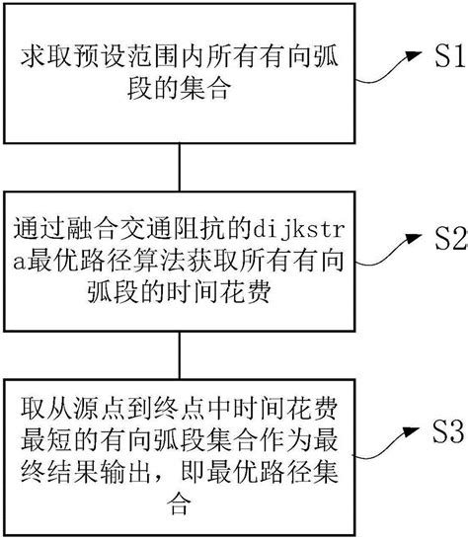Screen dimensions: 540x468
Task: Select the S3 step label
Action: (439, 430)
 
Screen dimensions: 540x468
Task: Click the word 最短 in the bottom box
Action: (46, 438)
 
